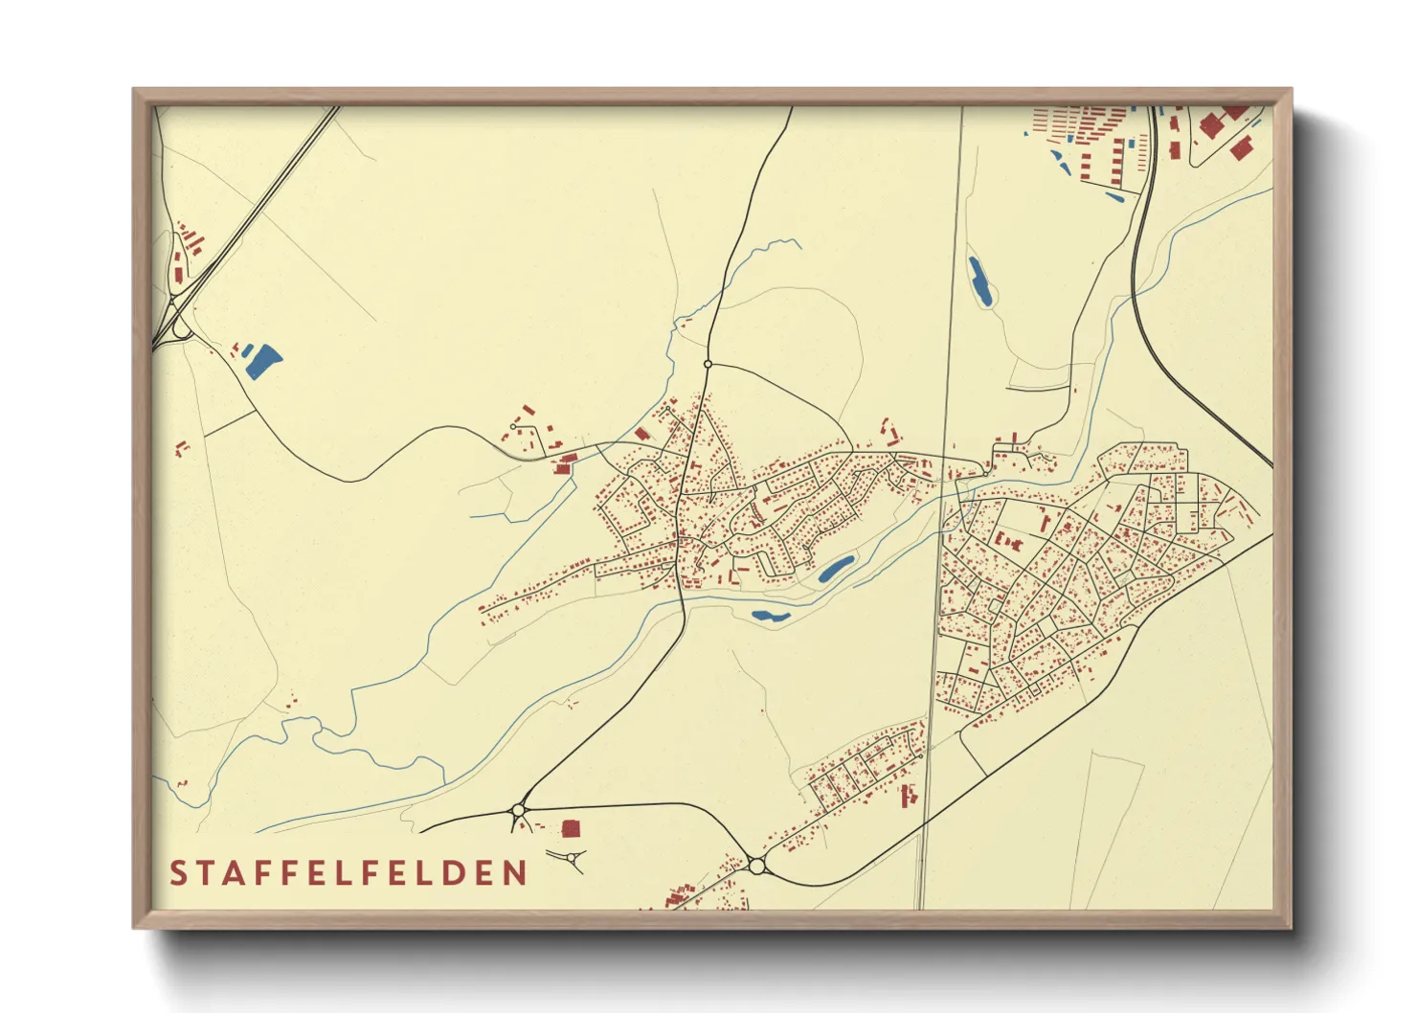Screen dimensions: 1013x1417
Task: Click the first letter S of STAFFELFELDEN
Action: [x=178, y=873]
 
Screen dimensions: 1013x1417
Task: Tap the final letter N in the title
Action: [x=516, y=873]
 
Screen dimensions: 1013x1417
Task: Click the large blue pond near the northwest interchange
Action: [x=261, y=361]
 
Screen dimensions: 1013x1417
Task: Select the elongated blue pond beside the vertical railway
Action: [x=979, y=281]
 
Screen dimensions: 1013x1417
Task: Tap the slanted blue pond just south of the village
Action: [x=836, y=569]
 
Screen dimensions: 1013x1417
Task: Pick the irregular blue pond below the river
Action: [x=771, y=616]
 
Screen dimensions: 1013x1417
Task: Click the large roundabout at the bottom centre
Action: [x=757, y=867]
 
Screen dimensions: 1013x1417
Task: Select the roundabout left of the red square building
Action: [x=518, y=810]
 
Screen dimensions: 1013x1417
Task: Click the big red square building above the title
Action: [x=571, y=828]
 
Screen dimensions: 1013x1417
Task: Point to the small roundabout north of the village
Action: [x=708, y=364]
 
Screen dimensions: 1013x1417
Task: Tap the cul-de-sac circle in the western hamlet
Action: [x=514, y=426]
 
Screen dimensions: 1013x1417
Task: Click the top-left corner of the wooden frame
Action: [x=135, y=90]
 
